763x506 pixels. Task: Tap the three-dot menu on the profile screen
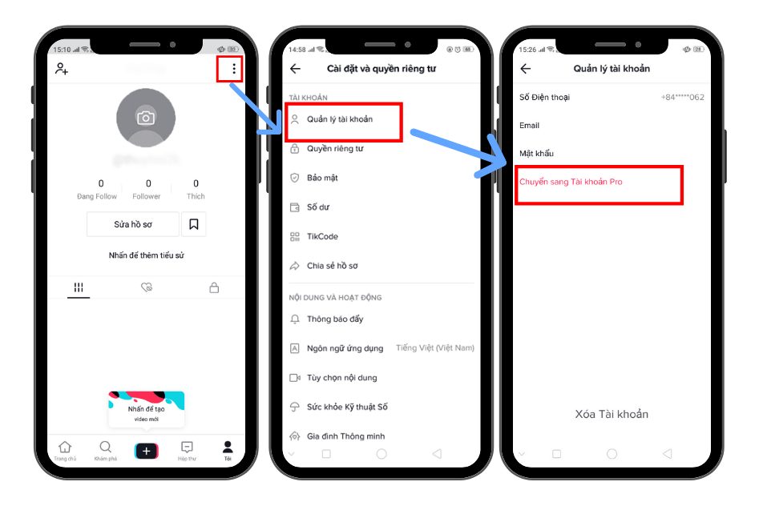pos(233,70)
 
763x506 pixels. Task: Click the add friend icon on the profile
pos(62,69)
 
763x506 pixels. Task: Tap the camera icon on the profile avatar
pos(145,118)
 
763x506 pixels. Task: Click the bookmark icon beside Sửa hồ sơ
pos(194,225)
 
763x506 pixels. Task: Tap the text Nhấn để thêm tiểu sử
pos(147,255)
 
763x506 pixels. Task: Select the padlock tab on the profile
pos(214,287)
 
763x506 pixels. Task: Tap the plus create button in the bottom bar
pos(146,452)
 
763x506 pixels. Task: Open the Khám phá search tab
pos(105,450)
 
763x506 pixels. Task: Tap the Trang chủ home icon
pos(65,450)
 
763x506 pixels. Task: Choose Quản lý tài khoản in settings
pos(339,119)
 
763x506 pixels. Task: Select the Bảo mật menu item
pos(322,178)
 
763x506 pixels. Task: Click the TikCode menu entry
pos(322,237)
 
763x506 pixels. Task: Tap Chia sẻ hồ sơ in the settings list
pos(332,266)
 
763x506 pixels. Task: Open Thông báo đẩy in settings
pos(335,319)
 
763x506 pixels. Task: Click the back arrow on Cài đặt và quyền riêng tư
pos(296,69)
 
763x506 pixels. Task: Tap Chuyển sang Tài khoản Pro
pos(571,182)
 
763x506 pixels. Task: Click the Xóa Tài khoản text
pos(612,414)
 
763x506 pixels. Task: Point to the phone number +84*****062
pos(682,97)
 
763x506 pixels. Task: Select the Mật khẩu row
pos(536,153)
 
